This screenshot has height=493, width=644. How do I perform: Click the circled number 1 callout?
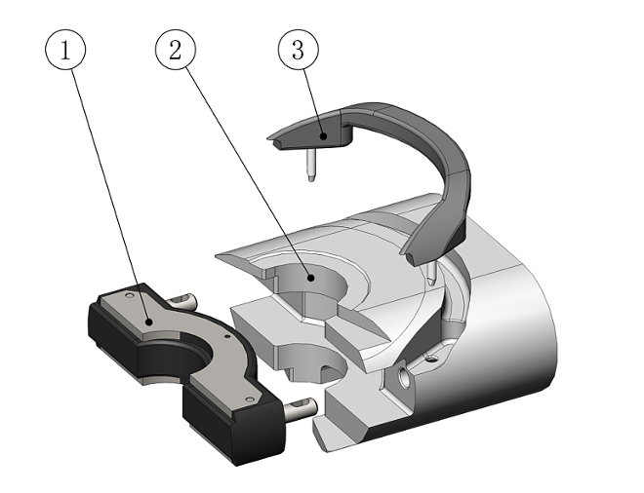click(66, 51)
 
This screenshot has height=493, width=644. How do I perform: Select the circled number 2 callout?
click(177, 51)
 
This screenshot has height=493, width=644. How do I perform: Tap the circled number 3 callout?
click(298, 51)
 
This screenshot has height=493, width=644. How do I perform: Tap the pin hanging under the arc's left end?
click(307, 165)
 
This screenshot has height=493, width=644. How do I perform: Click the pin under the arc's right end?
click(429, 272)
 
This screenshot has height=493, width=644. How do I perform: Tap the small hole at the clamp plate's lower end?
click(251, 398)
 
